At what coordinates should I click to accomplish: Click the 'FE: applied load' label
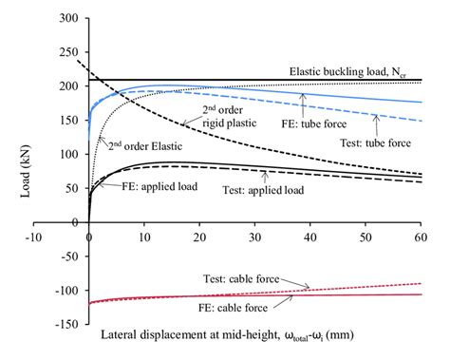pos(159,187)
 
